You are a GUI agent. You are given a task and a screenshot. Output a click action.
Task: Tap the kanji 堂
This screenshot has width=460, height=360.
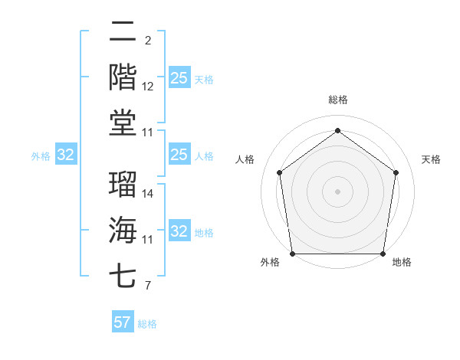[x=123, y=123]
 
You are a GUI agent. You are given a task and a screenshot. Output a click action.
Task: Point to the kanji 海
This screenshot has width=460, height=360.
[x=123, y=230]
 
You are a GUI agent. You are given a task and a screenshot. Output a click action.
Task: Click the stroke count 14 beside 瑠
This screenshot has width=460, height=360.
[x=149, y=194]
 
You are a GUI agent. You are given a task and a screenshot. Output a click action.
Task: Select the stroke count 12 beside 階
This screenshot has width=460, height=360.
[x=149, y=87]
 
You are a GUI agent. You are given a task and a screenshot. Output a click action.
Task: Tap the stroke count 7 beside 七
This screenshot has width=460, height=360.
[x=147, y=286]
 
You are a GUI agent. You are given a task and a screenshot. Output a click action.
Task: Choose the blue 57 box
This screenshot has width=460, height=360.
[x=123, y=322]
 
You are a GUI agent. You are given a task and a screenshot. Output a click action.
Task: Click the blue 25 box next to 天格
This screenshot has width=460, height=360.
[x=179, y=78]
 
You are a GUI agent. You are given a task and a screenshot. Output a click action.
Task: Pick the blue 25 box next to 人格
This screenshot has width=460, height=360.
[x=179, y=155]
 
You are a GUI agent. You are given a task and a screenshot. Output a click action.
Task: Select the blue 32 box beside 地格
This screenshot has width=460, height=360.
[x=179, y=231]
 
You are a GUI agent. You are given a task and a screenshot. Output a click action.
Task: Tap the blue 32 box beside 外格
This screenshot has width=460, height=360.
[x=65, y=155]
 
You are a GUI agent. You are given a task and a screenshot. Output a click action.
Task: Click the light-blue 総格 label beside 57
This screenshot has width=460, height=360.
[x=147, y=324]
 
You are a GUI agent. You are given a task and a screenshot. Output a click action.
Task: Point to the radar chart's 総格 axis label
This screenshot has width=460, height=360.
[x=337, y=100]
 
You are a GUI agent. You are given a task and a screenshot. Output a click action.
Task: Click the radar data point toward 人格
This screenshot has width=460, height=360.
[x=279, y=172]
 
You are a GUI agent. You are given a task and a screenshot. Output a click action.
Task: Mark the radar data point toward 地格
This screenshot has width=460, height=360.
[x=383, y=254]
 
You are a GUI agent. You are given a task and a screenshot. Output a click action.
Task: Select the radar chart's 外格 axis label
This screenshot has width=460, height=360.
[x=270, y=263]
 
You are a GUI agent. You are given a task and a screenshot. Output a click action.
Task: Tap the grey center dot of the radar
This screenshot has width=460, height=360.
[x=337, y=191]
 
